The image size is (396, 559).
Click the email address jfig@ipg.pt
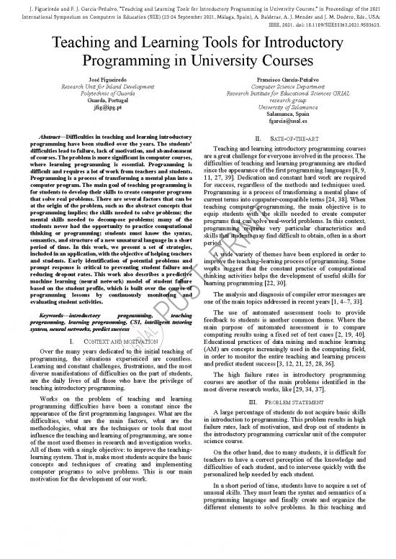[x=105, y=114]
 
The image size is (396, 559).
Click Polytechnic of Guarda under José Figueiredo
[x=105, y=94]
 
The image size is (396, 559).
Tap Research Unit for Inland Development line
[x=105, y=86]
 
